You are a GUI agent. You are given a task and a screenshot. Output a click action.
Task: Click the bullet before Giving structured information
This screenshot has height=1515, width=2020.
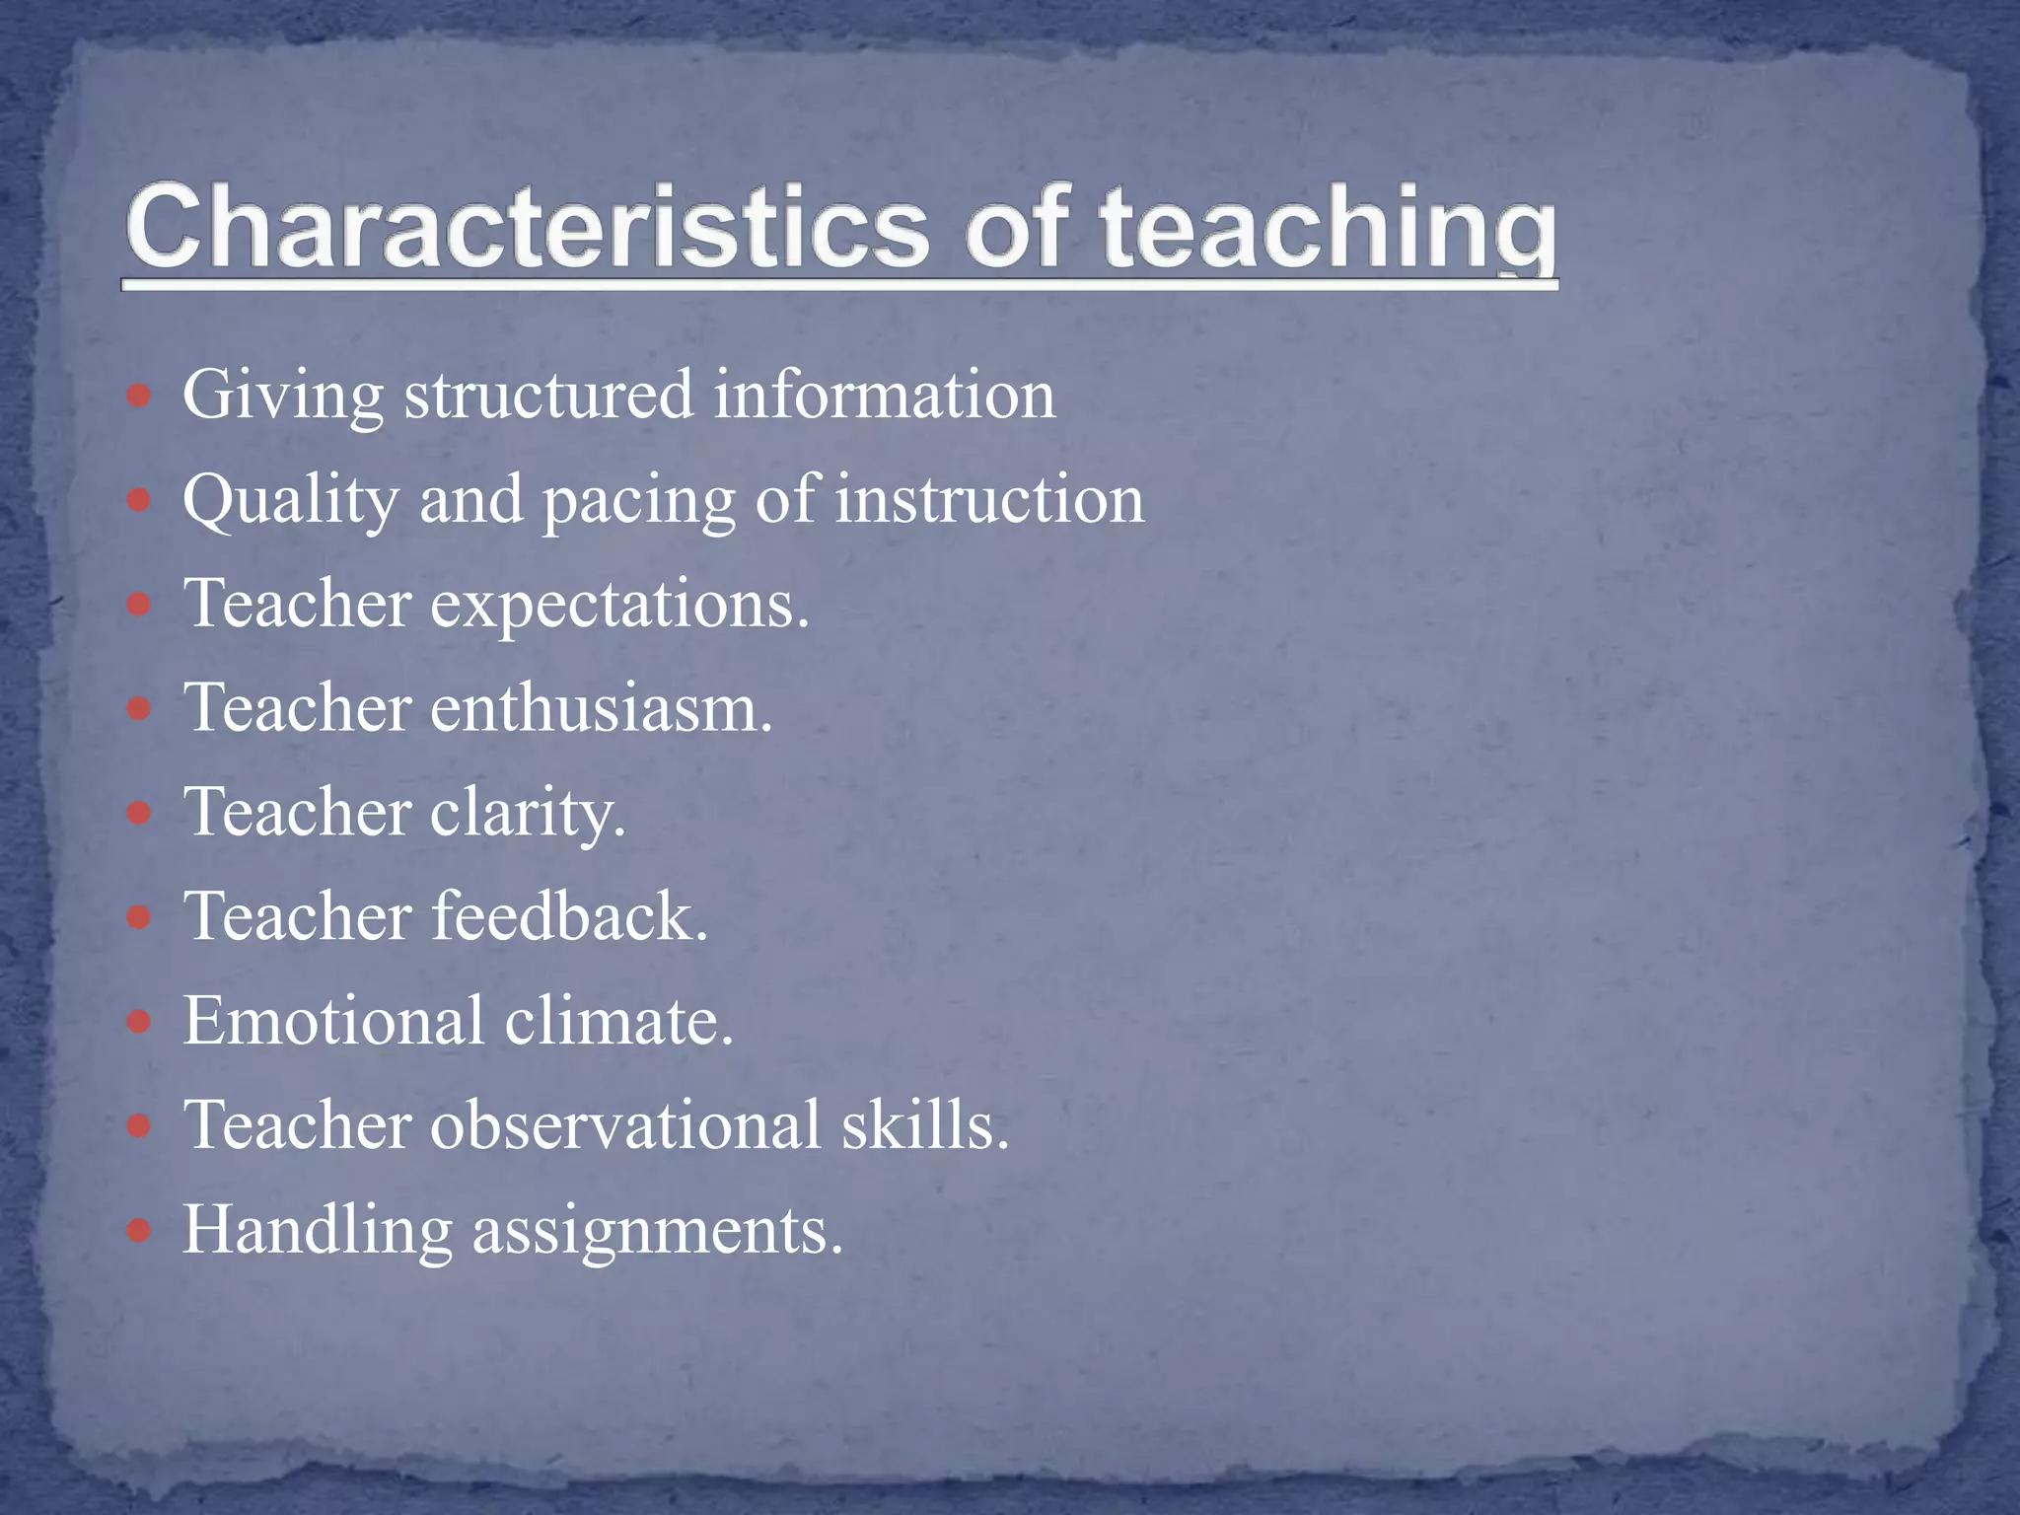(140, 397)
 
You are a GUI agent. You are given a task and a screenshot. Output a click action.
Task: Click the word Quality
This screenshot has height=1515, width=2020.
(291, 501)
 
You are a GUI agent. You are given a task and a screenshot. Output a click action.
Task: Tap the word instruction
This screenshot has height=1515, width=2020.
(989, 499)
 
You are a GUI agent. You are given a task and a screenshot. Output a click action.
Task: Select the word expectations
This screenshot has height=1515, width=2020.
(619, 606)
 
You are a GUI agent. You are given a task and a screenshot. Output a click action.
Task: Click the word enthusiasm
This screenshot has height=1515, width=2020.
(601, 708)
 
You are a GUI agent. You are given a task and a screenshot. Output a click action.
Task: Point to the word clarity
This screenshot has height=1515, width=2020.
(528, 815)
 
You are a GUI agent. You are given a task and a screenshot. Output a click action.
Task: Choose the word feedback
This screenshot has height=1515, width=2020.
(570, 916)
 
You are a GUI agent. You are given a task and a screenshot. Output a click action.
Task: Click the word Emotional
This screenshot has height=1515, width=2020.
(333, 1021)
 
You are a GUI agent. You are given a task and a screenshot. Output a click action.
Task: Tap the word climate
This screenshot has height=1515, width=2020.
(619, 1021)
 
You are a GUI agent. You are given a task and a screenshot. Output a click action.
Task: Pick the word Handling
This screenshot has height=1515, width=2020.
(317, 1232)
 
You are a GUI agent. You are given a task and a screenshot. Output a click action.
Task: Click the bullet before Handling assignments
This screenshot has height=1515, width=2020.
(140, 1231)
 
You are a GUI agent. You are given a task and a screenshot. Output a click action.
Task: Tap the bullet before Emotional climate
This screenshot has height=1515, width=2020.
(140, 1022)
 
